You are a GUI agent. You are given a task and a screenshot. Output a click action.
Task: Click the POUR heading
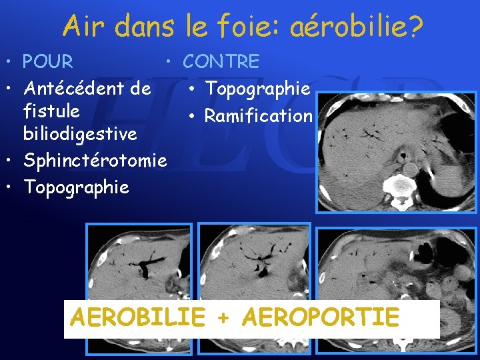(48, 62)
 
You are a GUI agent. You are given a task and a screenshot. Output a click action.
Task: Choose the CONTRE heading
(221, 62)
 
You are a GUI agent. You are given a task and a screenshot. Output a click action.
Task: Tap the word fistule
(51, 111)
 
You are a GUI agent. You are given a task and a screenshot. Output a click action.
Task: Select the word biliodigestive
(80, 134)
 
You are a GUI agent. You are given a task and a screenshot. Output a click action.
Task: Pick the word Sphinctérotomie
(95, 161)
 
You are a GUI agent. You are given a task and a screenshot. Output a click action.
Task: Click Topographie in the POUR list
(76, 187)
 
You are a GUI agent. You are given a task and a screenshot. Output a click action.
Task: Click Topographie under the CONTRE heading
(257, 88)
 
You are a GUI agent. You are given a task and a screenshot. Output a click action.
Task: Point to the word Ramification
(259, 116)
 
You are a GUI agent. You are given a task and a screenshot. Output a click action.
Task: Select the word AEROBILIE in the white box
(137, 317)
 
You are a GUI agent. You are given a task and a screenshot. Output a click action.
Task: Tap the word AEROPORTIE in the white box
(321, 317)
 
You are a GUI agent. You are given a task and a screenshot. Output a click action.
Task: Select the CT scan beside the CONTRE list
(396, 152)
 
